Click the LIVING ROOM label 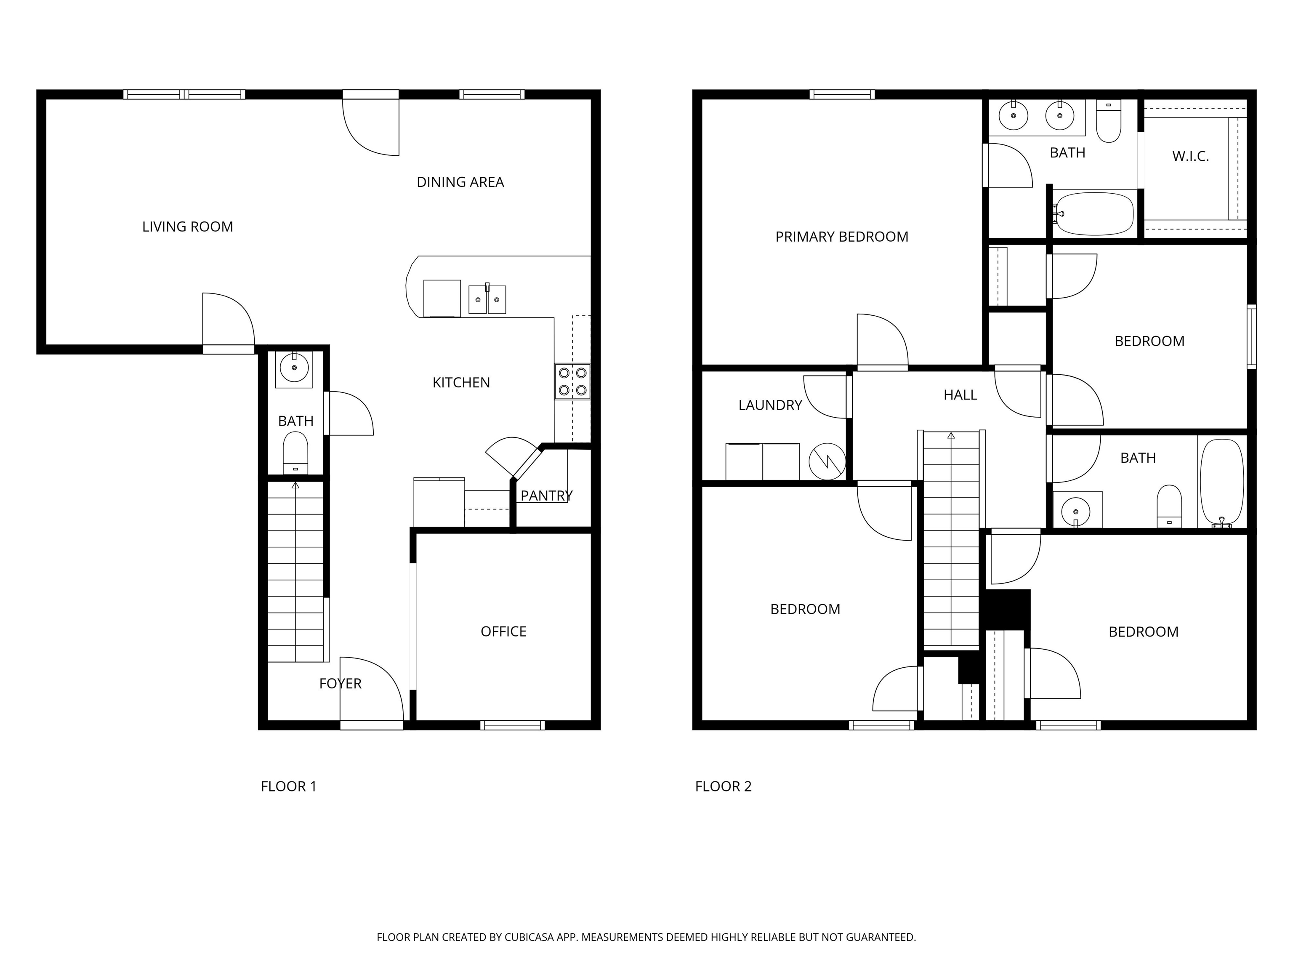coord(188,227)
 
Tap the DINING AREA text coord(460,182)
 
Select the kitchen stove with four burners coord(573,382)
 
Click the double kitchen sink coord(487,299)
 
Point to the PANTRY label coord(547,496)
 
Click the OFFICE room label coord(503,632)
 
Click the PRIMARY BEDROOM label coord(842,237)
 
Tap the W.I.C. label coord(1190,157)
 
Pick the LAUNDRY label coord(770,405)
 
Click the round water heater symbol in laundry coord(827,461)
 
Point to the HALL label coord(960,395)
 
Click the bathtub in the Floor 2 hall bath coord(1222,483)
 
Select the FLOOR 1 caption coord(289,786)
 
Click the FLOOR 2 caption coord(723,786)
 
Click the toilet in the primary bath coord(1108,120)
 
